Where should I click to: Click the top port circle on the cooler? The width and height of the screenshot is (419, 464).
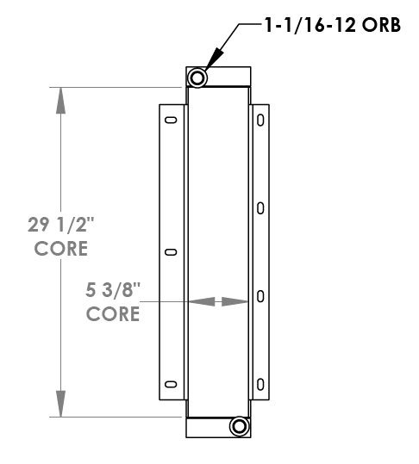[197, 78]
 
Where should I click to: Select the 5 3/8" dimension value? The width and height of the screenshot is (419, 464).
[113, 290]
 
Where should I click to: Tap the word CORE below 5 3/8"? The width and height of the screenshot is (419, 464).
[113, 313]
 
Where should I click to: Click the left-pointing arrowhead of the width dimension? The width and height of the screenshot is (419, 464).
[199, 301]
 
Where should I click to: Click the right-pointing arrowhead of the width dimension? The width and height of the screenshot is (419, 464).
[235, 301]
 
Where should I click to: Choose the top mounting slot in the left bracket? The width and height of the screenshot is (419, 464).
[171, 120]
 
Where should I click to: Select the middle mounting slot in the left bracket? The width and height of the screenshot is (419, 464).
[171, 252]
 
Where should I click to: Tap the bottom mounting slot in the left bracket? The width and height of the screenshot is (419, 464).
[171, 384]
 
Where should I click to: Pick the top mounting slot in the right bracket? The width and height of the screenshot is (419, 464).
[260, 121]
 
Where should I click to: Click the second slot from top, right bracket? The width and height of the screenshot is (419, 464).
[260, 207]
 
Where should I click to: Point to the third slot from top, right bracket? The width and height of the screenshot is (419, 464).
[260, 296]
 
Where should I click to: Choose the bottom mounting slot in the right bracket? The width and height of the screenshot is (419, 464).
[260, 383]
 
